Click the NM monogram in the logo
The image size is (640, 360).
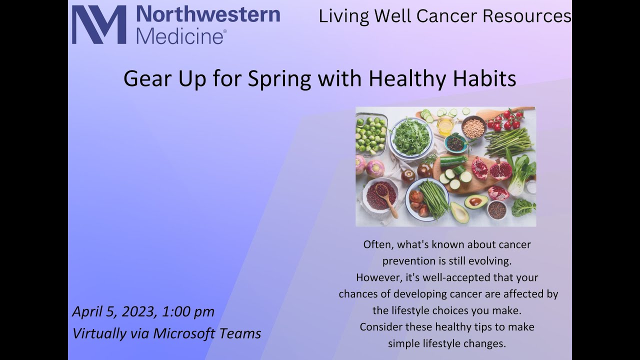[x=99, y=25]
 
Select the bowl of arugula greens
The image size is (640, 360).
[x=411, y=136]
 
